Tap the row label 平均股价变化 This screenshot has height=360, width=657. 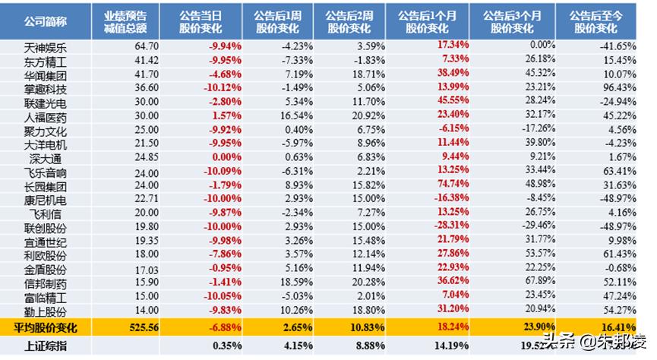(47, 328)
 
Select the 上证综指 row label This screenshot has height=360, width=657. (47, 347)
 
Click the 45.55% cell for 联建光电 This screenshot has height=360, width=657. (452, 102)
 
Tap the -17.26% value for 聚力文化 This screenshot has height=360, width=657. (533, 129)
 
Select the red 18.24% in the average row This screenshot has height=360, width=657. (452, 328)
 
